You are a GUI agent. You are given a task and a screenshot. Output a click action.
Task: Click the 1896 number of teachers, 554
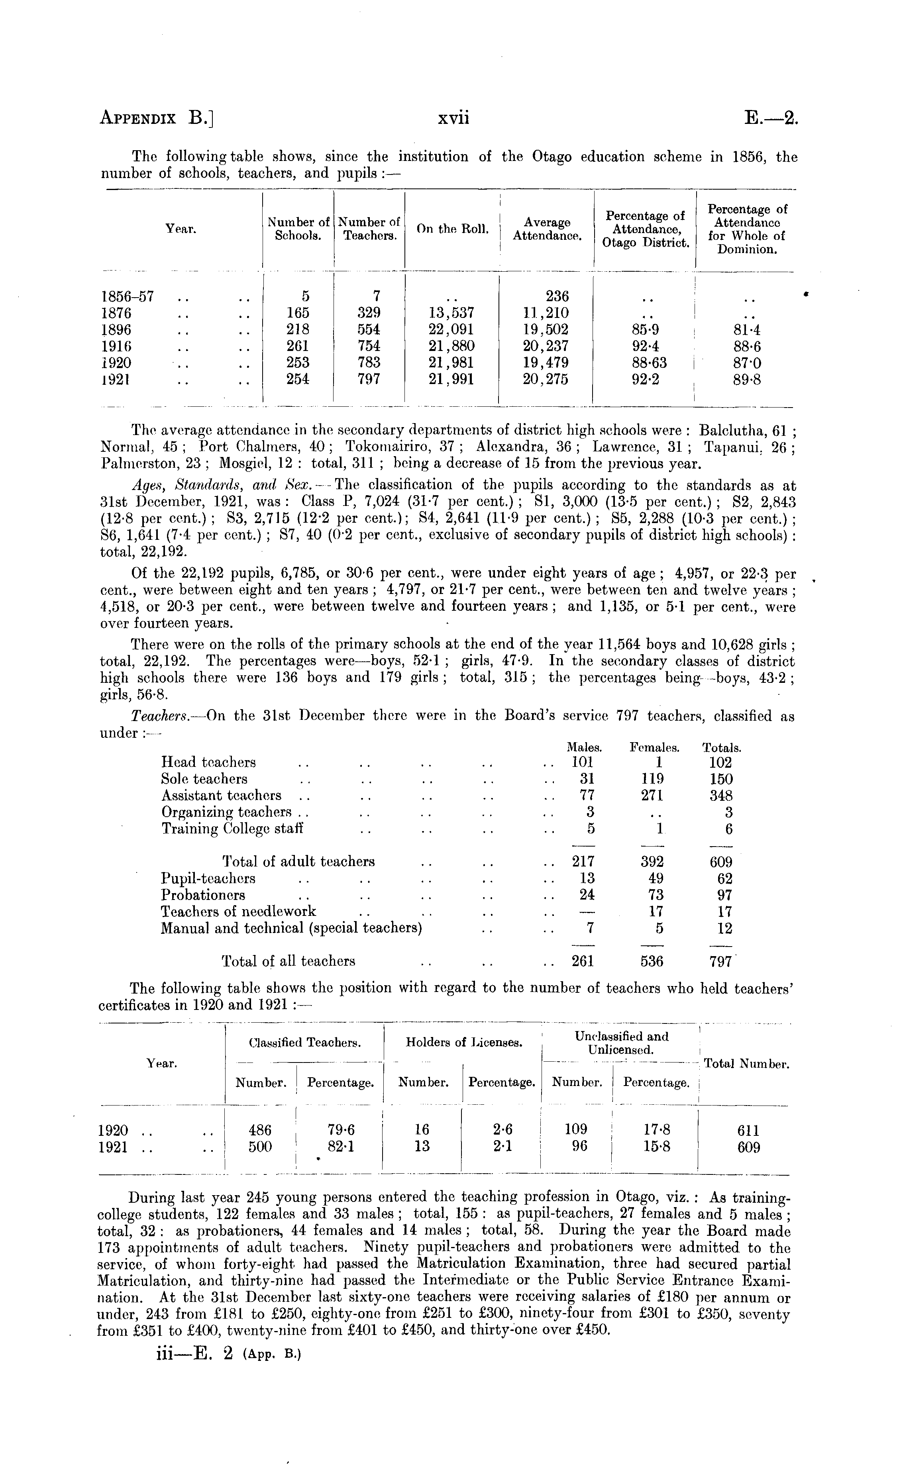(x=368, y=329)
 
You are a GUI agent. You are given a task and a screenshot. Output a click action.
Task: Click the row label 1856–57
(x=128, y=296)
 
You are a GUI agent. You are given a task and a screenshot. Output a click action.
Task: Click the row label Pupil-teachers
(x=208, y=879)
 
